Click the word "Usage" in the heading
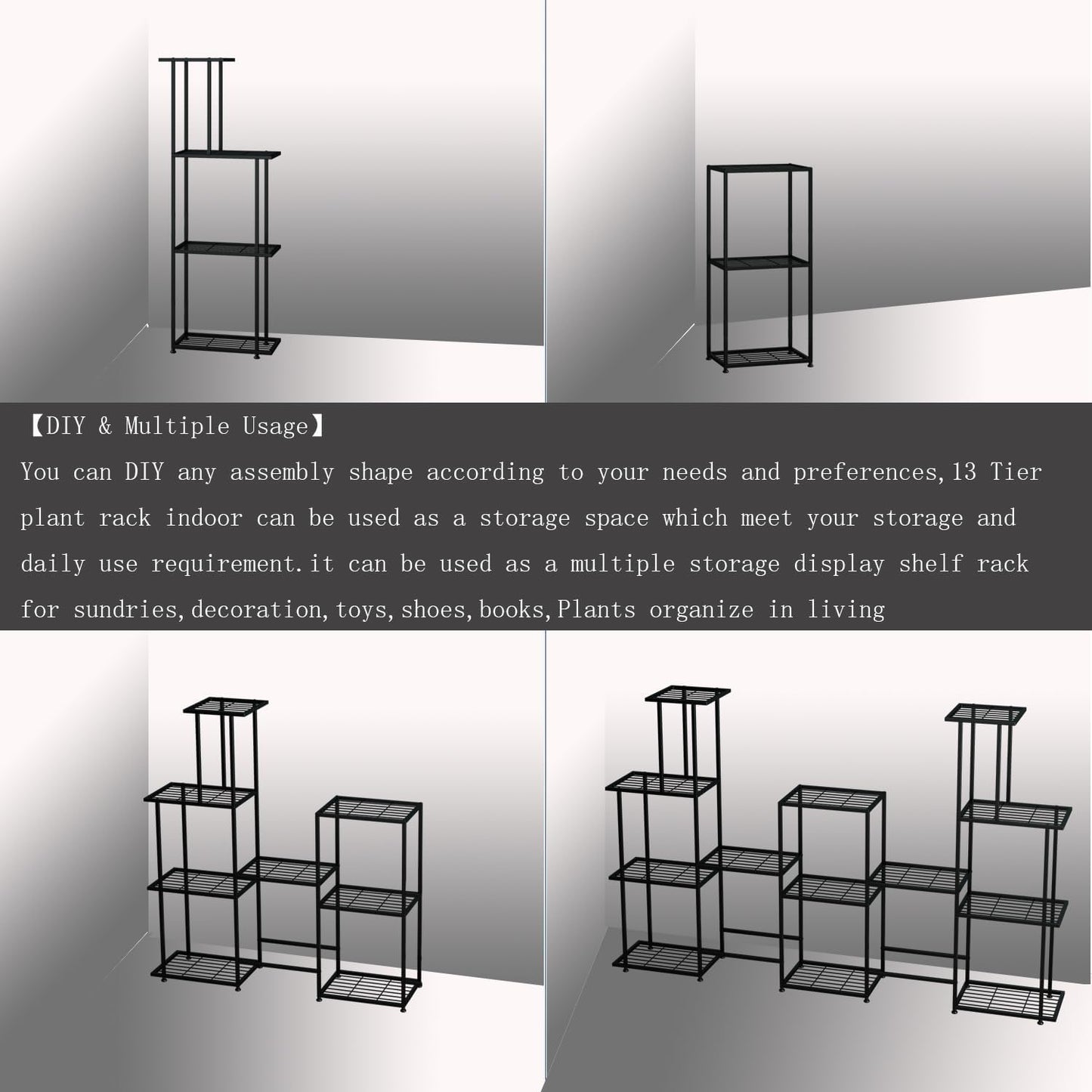tap(275, 426)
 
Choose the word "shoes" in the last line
tap(433, 609)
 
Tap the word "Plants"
tap(596, 609)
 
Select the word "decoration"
tap(256, 609)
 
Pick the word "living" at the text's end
tap(846, 609)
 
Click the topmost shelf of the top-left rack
tap(196, 60)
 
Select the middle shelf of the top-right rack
tap(758, 263)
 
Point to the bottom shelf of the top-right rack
tap(758, 357)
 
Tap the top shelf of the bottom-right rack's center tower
tap(832, 800)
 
